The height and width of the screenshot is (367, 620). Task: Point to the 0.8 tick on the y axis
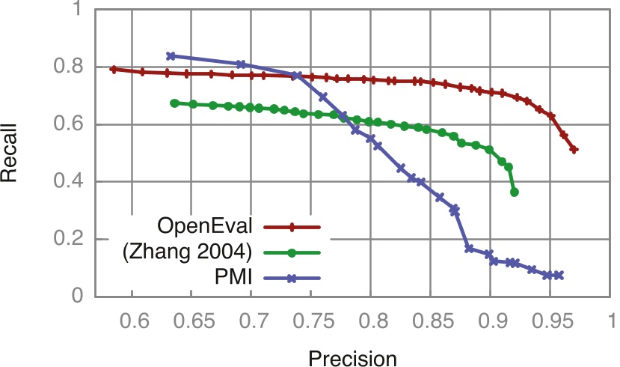coord(70,67)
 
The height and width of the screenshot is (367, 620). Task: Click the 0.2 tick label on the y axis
coord(70,240)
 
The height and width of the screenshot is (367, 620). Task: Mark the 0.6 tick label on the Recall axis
coord(70,125)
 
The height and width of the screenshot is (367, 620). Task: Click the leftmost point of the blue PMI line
coord(171,56)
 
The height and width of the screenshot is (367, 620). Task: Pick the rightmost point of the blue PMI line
coord(559,276)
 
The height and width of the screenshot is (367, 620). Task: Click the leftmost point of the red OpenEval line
coord(113,69)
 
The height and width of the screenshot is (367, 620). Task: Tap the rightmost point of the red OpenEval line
coord(574,150)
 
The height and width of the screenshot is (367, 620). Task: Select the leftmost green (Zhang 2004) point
coord(174,103)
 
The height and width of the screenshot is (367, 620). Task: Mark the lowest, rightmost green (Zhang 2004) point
coord(514,192)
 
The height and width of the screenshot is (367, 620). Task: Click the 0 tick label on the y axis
coord(78,297)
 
